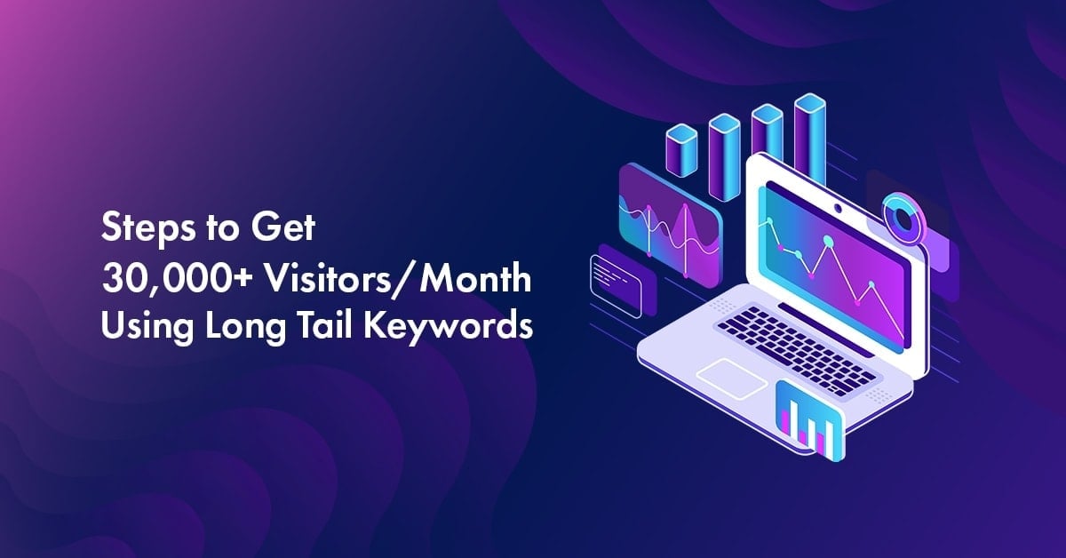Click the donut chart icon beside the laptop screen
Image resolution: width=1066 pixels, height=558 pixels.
click(x=903, y=217)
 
